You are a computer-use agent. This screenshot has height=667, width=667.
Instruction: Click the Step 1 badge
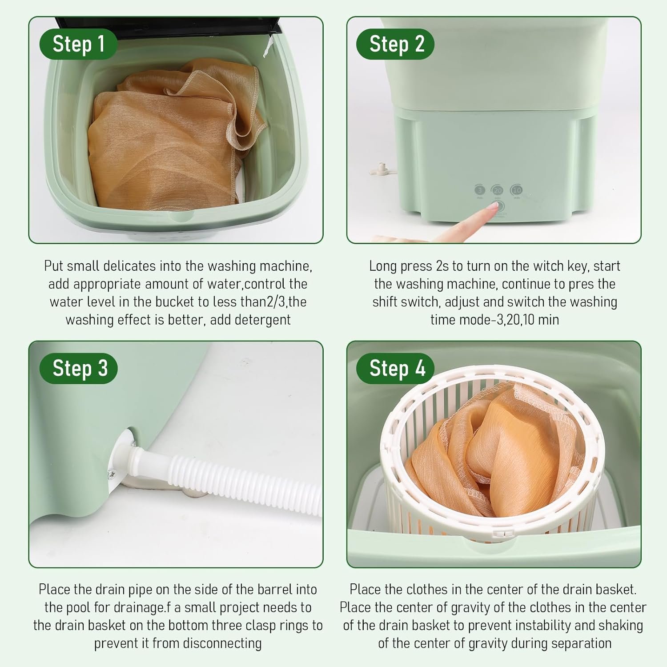[78, 44]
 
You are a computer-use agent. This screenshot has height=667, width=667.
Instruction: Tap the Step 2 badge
[396, 44]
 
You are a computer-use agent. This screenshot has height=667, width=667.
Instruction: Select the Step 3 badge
[79, 368]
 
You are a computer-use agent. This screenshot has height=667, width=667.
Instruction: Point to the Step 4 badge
[396, 368]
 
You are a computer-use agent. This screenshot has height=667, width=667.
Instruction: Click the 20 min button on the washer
[498, 190]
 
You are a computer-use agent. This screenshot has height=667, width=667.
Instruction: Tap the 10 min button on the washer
[516, 190]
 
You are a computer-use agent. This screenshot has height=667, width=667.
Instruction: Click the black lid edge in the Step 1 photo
[169, 24]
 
